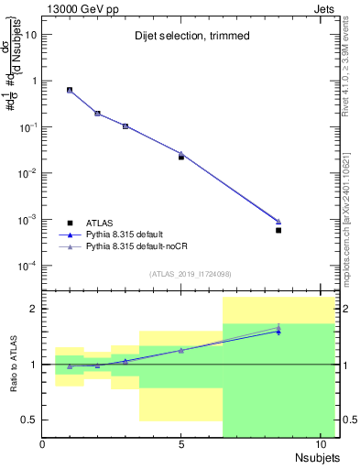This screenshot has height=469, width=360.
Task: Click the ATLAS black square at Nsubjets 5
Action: click(x=181, y=157)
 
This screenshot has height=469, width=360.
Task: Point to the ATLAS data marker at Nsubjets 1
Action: click(x=71, y=90)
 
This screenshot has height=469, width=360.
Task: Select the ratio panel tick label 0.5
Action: click(x=29, y=420)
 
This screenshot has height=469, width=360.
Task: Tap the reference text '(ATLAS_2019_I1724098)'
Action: click(x=181, y=273)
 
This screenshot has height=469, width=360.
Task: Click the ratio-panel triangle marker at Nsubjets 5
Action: click(x=181, y=350)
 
